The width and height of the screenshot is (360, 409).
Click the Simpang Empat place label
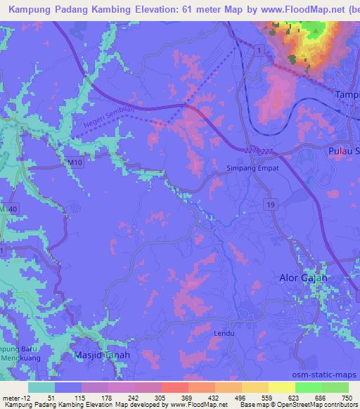[252, 169]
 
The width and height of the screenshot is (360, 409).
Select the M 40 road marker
[6, 210]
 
